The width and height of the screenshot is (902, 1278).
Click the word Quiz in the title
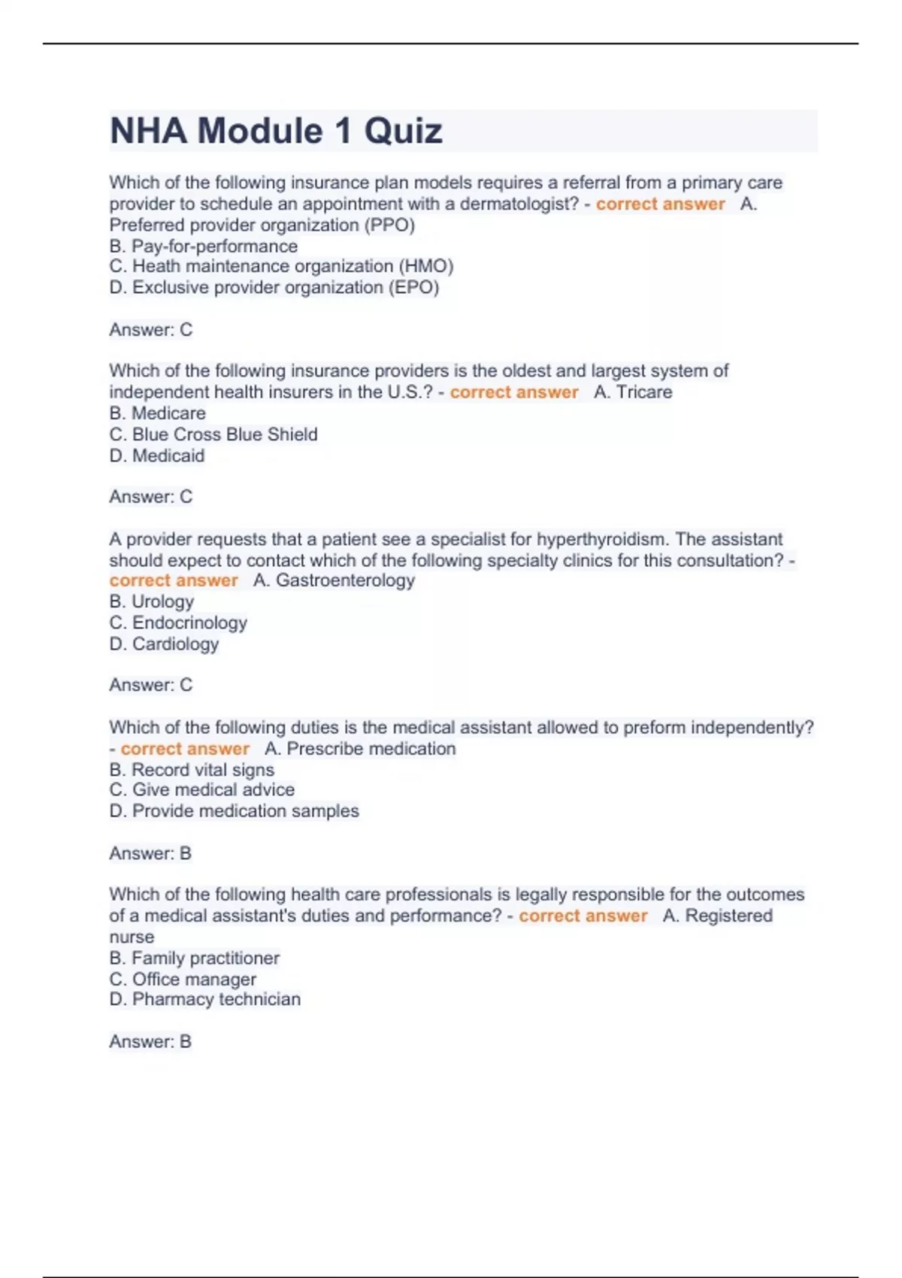403,132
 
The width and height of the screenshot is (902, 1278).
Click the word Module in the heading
259,132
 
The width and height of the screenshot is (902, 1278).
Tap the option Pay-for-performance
214,246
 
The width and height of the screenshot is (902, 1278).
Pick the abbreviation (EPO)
413,287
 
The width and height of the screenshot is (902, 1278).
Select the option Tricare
644,392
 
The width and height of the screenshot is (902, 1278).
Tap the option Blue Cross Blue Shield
225,435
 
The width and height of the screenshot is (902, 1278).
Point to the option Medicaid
168,456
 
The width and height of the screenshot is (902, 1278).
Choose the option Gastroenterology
345,580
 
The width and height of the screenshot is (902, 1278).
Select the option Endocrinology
189,622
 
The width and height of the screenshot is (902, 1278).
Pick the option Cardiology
176,644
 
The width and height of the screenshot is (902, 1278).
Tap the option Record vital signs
203,770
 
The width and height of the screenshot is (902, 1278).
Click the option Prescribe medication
371,749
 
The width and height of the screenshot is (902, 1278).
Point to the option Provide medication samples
245,811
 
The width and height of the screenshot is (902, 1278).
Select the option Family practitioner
205,958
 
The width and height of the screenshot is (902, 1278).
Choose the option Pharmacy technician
216,999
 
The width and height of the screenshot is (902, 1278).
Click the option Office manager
194,979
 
